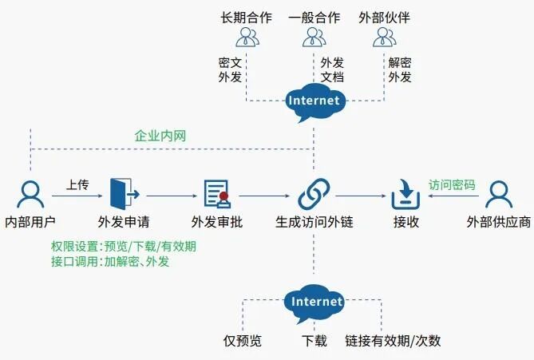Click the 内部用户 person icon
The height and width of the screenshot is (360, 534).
click(30, 194)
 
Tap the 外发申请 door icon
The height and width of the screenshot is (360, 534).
click(125, 193)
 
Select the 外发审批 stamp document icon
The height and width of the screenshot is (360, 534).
click(216, 194)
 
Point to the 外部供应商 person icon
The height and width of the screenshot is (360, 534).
click(498, 194)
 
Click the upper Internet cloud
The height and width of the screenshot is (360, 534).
click(314, 101)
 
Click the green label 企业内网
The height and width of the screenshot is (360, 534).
click(160, 136)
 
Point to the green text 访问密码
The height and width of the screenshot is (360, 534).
click(452, 185)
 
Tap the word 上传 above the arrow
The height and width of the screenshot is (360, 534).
click(77, 185)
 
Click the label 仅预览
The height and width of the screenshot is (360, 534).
click(242, 341)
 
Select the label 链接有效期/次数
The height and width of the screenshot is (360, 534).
click(393, 341)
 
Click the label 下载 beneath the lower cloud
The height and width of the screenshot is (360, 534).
click(314, 341)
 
